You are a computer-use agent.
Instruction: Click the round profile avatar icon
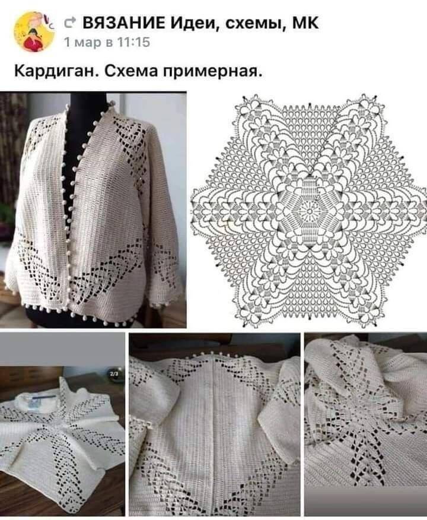34,32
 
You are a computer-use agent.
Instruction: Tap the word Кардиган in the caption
56,71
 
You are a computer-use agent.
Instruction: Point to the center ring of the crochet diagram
309,210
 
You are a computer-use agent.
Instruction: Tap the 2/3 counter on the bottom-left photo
117,374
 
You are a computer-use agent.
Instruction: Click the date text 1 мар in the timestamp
78,43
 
